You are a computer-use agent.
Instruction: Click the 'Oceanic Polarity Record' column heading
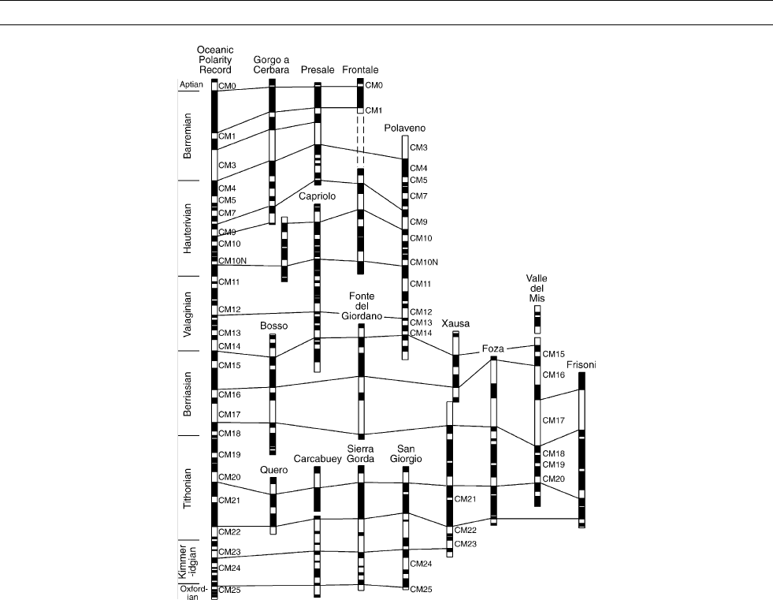coord(215,60)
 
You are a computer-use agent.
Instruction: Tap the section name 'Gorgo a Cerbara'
coord(271,65)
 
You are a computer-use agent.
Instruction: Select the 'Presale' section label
coord(318,69)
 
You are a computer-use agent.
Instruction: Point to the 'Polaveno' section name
coord(405,129)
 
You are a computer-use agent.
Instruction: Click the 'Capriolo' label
coord(317,196)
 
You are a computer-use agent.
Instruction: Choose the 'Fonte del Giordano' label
coord(362,306)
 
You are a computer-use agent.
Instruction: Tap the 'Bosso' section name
coord(273,326)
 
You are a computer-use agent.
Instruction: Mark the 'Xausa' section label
coord(455,324)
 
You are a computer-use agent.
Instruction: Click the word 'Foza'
coord(493,348)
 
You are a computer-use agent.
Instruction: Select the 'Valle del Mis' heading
coord(537,288)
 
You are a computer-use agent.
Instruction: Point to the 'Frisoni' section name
coord(582,364)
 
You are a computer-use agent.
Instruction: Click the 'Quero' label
coord(273,470)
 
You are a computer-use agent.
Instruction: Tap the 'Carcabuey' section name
coord(318,459)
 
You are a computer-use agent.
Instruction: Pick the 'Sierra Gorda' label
coord(360,454)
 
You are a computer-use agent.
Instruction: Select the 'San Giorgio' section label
coord(406,454)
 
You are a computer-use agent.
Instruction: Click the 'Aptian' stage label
coord(191,84)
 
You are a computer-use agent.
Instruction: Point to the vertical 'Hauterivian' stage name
coord(188,229)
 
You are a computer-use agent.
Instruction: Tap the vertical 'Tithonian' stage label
coord(188,489)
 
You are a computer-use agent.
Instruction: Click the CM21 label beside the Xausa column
coord(465,499)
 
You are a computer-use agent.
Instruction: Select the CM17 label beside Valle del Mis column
coord(554,420)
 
